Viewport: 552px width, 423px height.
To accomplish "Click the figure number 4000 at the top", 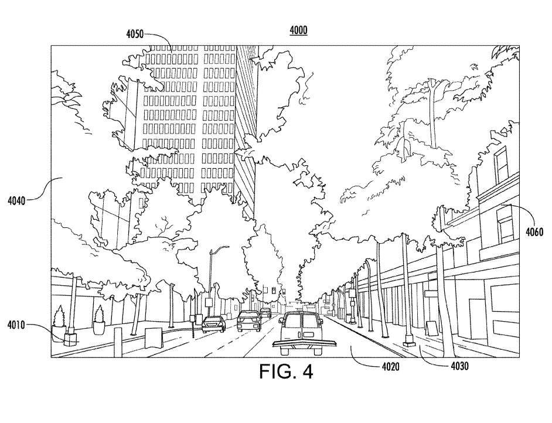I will coord(298,30).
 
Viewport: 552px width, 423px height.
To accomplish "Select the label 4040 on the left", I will coord(16,201).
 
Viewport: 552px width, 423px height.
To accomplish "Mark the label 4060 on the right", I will coord(534,231).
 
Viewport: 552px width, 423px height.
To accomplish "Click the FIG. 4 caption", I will coord(286,372).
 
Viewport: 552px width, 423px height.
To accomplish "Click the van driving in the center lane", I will coord(300,333).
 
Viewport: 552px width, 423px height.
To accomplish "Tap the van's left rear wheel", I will coord(285,351).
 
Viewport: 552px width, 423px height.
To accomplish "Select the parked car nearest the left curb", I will coord(213,323).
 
